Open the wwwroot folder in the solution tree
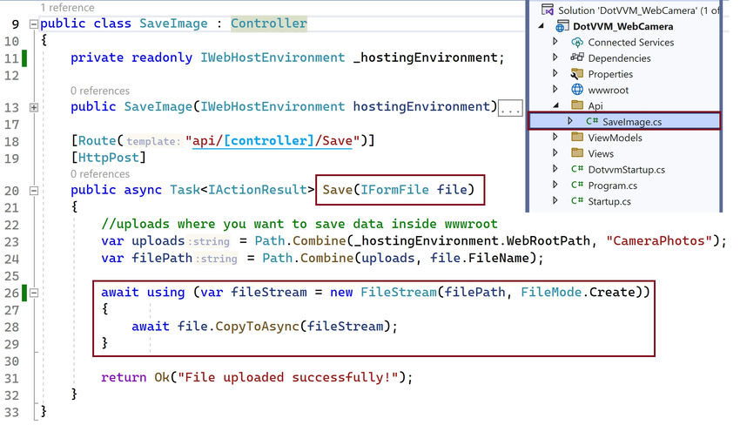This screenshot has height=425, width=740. (x=607, y=90)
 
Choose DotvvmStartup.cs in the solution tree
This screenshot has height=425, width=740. (x=626, y=169)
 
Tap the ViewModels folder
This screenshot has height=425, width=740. (x=614, y=138)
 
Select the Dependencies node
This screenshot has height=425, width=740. (x=619, y=58)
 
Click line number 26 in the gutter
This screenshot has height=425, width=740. (x=11, y=293)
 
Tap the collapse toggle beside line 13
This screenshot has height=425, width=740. (x=33, y=107)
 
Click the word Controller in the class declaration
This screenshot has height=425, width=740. (x=269, y=24)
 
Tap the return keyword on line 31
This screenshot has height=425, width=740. (x=123, y=377)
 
